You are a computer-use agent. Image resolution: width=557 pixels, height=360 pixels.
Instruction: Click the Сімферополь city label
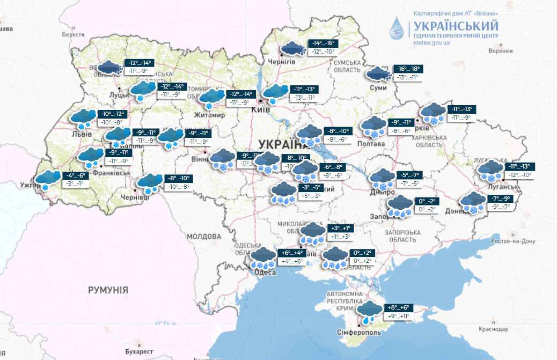359,332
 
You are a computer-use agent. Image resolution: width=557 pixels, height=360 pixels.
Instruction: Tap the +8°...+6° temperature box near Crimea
398,308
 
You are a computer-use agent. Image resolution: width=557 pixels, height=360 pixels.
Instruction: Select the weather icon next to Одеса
263,258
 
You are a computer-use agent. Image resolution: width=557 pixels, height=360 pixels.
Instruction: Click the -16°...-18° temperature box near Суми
408,69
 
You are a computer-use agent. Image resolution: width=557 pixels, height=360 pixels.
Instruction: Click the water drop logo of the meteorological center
398,29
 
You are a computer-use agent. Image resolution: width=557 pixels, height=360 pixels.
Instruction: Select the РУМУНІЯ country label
108,290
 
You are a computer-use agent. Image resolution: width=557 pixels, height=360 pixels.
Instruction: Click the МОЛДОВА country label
204,236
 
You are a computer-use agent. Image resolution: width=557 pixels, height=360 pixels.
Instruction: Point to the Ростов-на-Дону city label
514,241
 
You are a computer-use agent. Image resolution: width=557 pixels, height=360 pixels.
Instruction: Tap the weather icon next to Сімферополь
370,312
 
